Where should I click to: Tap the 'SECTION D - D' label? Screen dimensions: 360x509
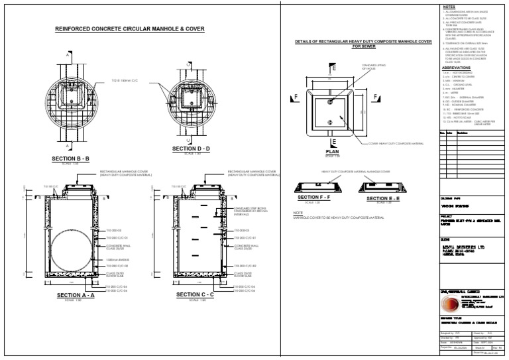click(192, 149)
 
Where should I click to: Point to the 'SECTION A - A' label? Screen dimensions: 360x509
click(76, 294)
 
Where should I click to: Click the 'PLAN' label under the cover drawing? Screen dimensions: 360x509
click(332, 152)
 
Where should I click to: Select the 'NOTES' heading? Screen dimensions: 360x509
click(448, 7)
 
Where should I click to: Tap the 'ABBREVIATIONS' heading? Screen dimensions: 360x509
click(455, 68)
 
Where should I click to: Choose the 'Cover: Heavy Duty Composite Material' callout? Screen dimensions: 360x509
click(396, 143)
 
